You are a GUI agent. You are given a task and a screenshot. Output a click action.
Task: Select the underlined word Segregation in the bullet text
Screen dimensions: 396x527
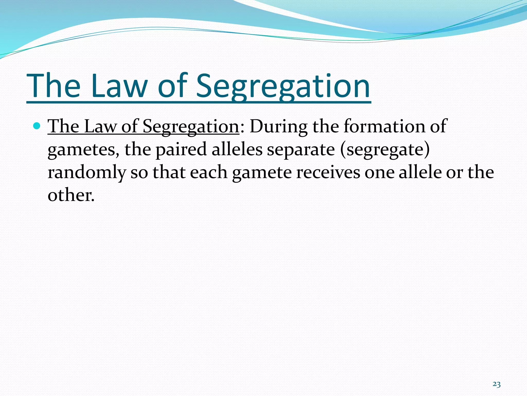click(191, 127)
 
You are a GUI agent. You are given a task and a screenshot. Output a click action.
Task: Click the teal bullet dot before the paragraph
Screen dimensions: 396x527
click(37, 126)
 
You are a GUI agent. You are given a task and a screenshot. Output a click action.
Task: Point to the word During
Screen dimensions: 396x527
click(278, 127)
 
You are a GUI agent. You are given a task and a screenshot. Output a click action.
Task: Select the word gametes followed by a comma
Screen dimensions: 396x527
click(83, 150)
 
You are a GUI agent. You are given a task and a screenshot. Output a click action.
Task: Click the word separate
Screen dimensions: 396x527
click(301, 150)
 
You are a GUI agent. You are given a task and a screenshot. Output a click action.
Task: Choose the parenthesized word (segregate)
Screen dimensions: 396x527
click(385, 150)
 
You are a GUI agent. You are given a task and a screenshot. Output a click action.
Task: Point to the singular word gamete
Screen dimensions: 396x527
click(262, 172)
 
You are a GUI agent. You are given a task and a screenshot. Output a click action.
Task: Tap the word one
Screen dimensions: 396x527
click(379, 172)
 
